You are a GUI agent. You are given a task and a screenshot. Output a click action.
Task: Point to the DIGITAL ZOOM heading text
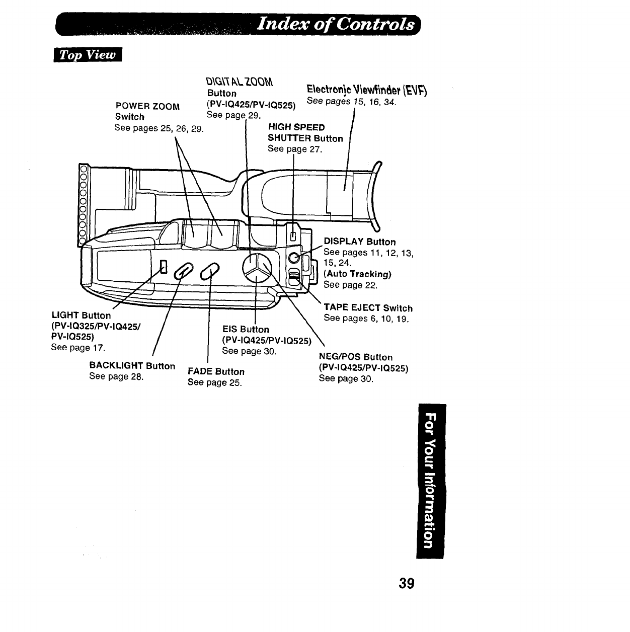[x=240, y=83]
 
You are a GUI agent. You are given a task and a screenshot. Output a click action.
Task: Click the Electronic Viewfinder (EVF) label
[x=367, y=91]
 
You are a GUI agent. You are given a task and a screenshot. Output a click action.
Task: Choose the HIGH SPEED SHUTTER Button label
[x=305, y=133]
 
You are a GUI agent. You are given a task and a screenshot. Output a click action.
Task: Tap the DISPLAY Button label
[x=359, y=242]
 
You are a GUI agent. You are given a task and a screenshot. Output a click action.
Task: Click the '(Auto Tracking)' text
[x=357, y=274]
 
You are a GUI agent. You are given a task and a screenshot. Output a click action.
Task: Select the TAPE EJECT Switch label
[x=368, y=308]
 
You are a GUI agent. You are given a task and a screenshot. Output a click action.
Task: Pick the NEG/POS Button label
[x=356, y=357]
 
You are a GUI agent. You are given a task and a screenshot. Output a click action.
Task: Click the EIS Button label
[x=246, y=330]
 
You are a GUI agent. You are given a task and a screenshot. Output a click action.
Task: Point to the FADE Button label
[x=216, y=372]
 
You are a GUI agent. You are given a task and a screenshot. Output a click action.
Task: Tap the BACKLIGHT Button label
[x=132, y=366]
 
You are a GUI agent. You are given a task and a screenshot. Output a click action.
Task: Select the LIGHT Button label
[x=81, y=315]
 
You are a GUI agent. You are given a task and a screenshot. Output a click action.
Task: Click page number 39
[x=406, y=583]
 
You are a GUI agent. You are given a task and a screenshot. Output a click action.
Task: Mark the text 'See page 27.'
[x=294, y=149]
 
